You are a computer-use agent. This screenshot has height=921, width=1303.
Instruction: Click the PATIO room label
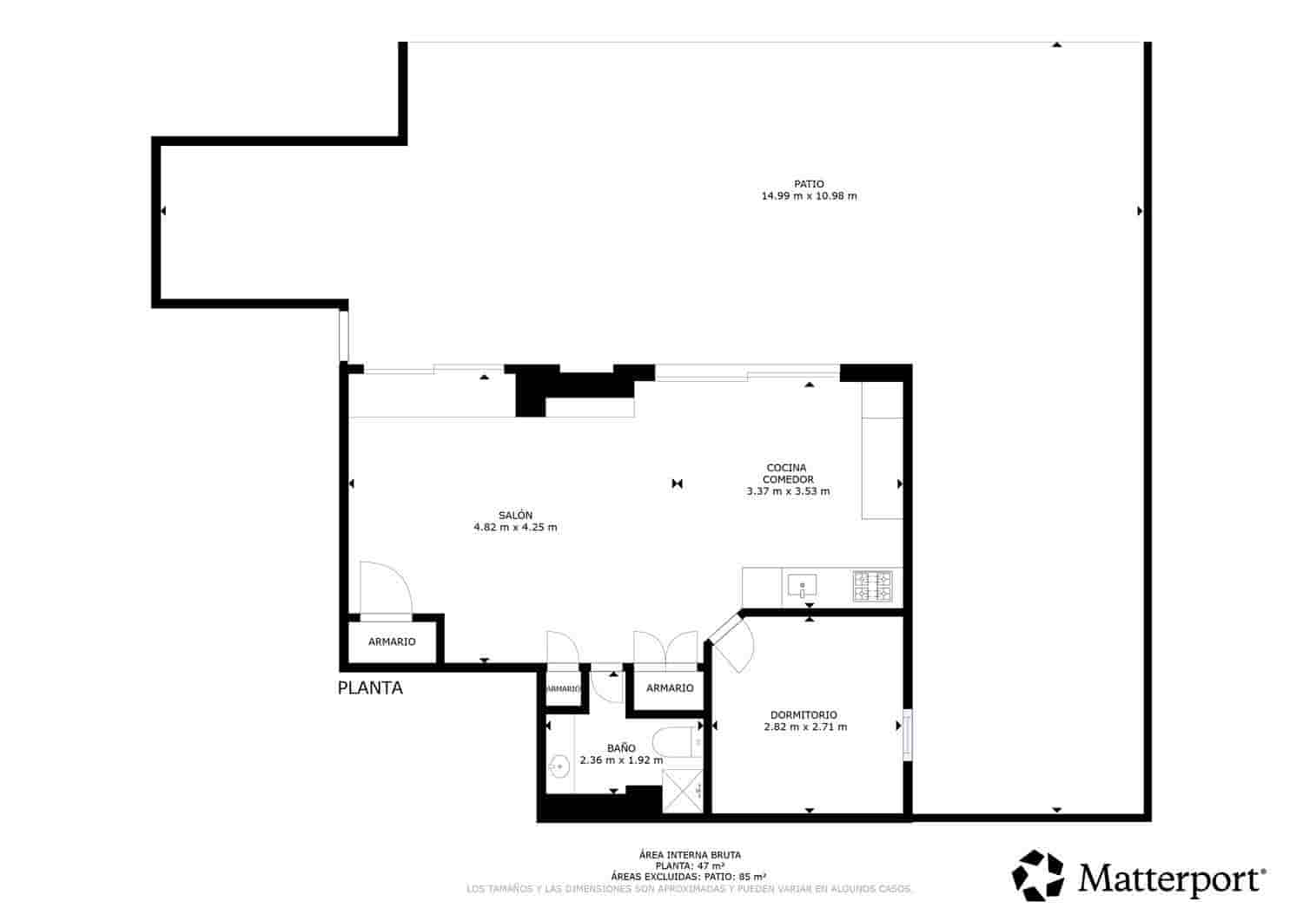[809, 183]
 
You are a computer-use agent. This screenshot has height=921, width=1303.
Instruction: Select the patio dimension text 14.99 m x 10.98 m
[809, 196]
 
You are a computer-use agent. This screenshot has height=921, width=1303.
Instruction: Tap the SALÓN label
[515, 515]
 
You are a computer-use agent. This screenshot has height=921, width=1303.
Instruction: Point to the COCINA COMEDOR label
[787, 473]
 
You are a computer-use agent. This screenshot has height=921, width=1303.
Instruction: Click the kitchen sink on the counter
[801, 586]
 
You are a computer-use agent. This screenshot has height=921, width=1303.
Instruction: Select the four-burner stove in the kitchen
[872, 586]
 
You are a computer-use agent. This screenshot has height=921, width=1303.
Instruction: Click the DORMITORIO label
[804, 714]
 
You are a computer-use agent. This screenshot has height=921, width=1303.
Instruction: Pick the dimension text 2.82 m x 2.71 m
[805, 727]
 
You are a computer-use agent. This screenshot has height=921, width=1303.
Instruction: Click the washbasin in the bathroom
[558, 766]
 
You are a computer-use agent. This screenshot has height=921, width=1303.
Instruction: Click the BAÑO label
[621, 747]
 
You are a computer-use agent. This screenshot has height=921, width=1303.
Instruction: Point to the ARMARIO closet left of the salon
[392, 641]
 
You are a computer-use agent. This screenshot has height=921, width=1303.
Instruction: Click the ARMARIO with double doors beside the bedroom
[670, 687]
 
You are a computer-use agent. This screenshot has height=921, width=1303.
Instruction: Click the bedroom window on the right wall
[907, 735]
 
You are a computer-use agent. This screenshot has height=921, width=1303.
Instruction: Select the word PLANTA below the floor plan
[370, 688]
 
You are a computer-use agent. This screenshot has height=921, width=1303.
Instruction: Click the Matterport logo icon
[1039, 875]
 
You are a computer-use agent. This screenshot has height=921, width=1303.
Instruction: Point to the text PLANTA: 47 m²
[690, 865]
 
